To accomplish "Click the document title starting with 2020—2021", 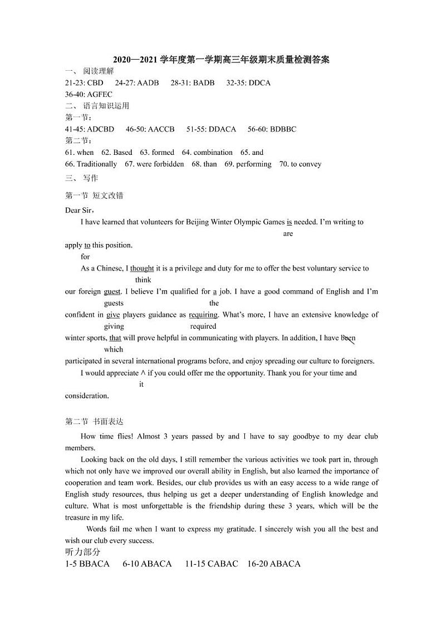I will [221, 60].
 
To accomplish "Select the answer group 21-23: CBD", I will [84, 83].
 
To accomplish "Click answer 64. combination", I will [207, 153].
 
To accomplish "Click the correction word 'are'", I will [288, 233].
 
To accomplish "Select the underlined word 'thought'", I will [142, 268].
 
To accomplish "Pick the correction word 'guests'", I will [114, 303].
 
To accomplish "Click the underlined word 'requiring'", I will [203, 315].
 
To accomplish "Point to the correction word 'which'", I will [114, 349].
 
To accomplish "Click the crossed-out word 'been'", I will [348, 338].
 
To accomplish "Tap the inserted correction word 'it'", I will [141, 384].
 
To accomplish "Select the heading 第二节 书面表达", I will [94, 421].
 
